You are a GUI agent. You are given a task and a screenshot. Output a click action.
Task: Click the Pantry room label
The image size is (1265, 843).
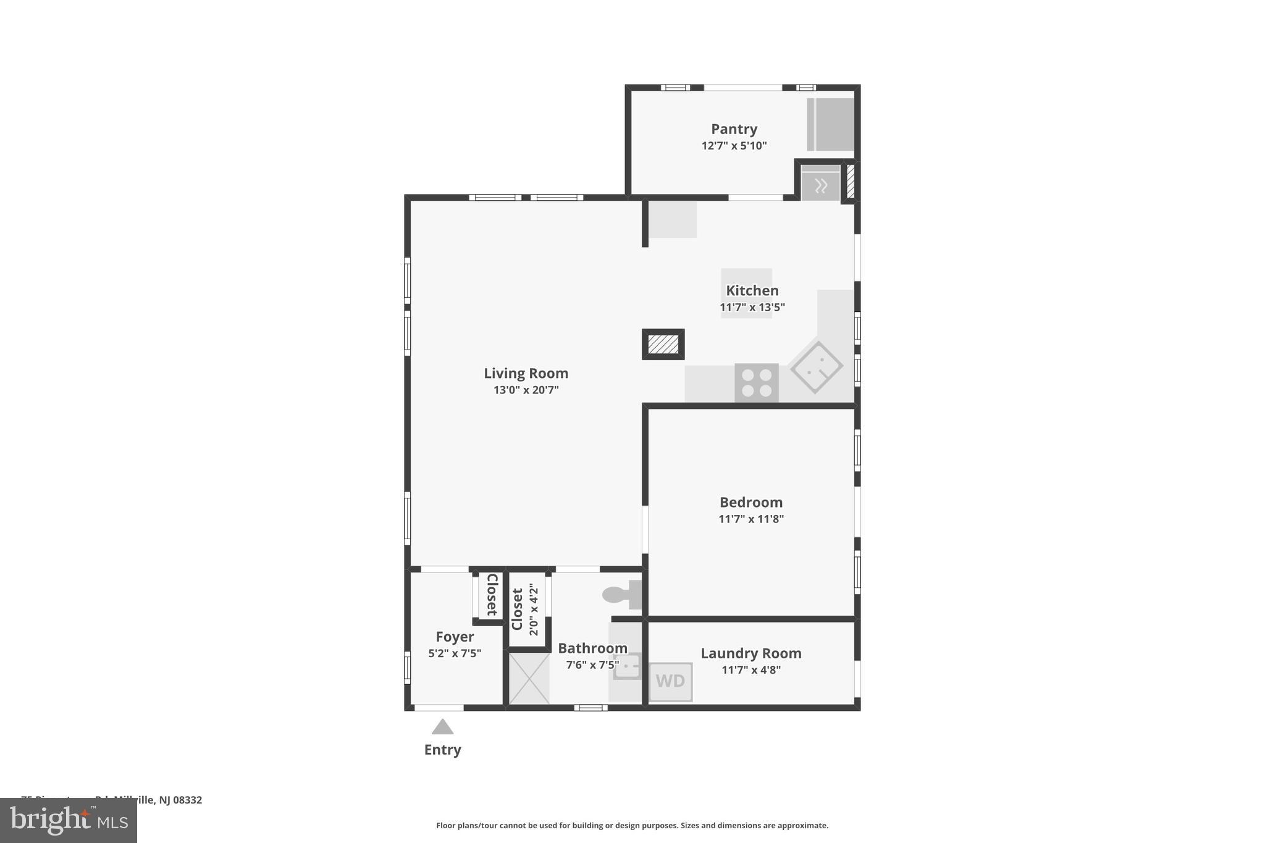(x=734, y=129)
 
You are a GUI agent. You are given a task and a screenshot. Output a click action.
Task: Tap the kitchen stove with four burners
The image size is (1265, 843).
(x=756, y=383)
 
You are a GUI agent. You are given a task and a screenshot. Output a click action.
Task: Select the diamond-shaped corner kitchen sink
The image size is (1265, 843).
(x=816, y=367)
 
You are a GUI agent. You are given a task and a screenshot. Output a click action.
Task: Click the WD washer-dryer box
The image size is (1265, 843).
(x=670, y=681)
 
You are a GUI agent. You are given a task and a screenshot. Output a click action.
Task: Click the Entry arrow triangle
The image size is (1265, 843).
(x=442, y=728)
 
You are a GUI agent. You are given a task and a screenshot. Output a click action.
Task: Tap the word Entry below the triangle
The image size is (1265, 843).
(x=442, y=750)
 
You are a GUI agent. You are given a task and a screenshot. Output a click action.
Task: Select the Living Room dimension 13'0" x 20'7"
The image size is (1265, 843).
(x=526, y=390)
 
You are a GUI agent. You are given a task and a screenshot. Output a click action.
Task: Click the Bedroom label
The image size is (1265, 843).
(x=750, y=502)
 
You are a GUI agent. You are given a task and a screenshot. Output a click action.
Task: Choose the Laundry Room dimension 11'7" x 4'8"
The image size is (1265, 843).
(x=750, y=669)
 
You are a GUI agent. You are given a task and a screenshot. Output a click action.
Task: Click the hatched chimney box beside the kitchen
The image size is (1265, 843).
(x=663, y=344)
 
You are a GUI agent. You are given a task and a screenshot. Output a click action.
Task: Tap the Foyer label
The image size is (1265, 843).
(x=455, y=637)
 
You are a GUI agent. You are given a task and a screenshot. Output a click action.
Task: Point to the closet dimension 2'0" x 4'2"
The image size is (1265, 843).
(x=534, y=610)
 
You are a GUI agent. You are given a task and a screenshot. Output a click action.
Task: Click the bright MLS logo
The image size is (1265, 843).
(x=69, y=820)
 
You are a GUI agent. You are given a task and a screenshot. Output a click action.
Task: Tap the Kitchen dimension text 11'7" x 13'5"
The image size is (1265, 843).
(x=752, y=307)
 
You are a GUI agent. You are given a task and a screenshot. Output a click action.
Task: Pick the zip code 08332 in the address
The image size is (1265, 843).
(x=187, y=800)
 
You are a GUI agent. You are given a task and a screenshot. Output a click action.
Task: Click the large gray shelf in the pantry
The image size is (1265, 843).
(x=831, y=124)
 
